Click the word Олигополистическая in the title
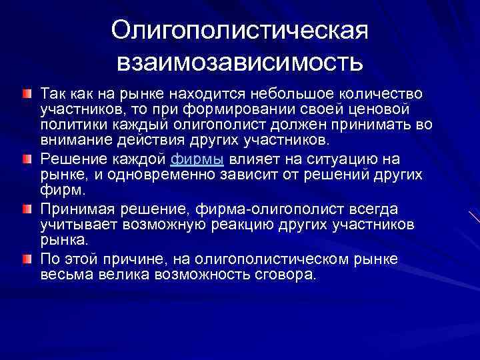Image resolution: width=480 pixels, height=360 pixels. point(240,29)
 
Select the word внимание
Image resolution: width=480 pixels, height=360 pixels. point(70,141)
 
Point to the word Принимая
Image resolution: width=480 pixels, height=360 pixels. point(73,209)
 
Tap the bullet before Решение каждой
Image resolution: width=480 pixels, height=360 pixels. point(25,157)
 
